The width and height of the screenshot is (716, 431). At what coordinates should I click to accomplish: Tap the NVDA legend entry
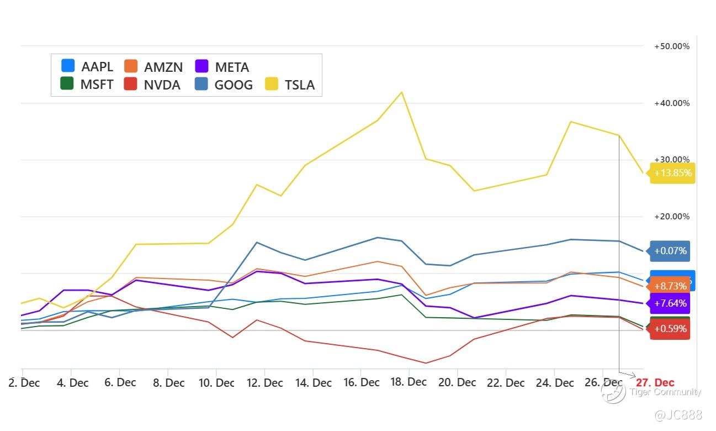[x=153, y=85]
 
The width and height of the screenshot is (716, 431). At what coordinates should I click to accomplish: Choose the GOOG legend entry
[x=223, y=85]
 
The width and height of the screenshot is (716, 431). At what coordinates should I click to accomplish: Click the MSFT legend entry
[x=87, y=85]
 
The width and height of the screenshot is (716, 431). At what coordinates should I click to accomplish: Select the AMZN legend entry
[x=153, y=67]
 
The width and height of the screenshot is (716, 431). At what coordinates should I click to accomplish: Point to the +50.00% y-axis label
[x=671, y=46]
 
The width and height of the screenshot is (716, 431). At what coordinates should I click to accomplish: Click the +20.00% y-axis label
[x=671, y=217]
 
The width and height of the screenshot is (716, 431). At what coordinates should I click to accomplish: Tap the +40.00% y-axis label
[x=671, y=103]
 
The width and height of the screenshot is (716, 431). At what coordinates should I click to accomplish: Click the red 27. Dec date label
[x=655, y=382]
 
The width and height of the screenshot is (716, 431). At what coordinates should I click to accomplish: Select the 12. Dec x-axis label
[x=264, y=383]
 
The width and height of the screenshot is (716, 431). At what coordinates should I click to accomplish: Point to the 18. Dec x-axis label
[x=409, y=382]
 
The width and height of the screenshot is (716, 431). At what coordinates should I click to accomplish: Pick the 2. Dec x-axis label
[x=25, y=383]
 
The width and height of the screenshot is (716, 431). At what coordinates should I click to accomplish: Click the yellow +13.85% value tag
[x=672, y=173]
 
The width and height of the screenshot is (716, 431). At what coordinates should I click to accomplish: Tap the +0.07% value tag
[x=670, y=251]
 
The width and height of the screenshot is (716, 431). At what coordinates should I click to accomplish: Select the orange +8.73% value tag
[x=670, y=286]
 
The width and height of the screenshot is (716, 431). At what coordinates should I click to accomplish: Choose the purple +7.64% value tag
[x=670, y=303]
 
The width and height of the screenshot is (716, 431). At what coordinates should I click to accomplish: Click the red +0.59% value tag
[x=670, y=329]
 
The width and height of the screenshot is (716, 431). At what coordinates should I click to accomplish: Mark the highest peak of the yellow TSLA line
[x=401, y=92]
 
